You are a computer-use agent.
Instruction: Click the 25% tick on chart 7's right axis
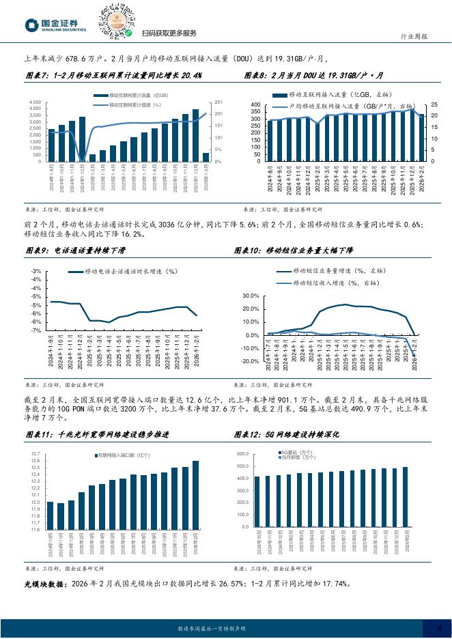[x=219, y=102]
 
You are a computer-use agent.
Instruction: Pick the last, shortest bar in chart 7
[x=206, y=157]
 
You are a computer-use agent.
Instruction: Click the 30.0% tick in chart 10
[x=250, y=296]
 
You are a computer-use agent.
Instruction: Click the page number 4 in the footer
[x=439, y=628]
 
